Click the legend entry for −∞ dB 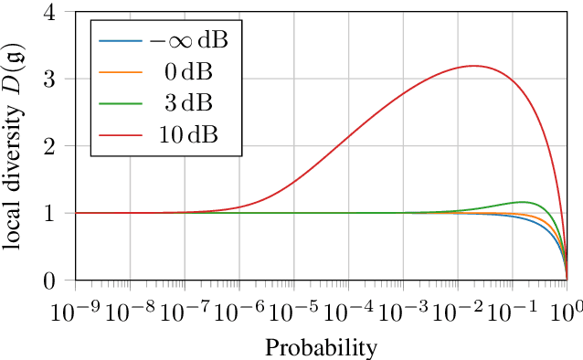pos(188,41)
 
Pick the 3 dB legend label pos(192,105)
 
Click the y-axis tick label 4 pos(60,13)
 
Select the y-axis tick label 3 pos(60,79)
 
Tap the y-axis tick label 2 pos(60,146)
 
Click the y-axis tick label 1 pos(60,213)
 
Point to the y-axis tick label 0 pos(60,280)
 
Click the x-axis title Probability pos(321,347)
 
